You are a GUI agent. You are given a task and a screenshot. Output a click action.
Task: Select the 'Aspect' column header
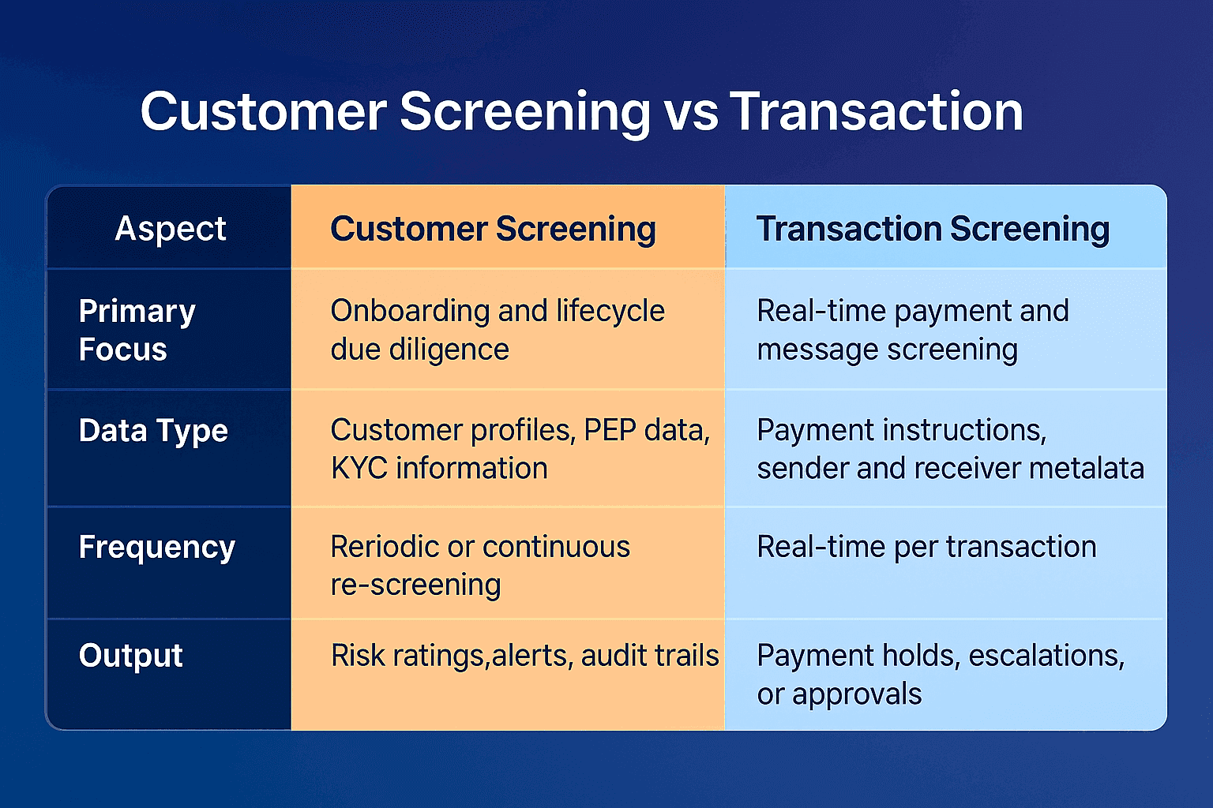171,229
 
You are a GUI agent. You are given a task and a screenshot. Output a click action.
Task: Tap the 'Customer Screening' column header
493,229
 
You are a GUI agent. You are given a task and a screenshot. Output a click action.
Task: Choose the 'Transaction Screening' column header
933,229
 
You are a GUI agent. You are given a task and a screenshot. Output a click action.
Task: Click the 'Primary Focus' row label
137,330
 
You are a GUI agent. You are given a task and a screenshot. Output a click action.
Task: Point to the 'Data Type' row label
153,431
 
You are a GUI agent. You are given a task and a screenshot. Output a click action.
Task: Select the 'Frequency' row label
156,547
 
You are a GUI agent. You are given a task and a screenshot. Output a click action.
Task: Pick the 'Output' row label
130,656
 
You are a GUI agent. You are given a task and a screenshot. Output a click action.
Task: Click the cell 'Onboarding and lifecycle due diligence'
498,330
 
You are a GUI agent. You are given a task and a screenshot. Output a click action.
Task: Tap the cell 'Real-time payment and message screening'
912,330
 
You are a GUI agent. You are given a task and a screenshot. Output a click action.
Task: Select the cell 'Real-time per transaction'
926,547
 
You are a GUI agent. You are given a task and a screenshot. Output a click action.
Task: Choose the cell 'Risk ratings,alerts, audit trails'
524,656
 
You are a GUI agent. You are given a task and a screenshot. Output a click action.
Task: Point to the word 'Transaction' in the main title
876,112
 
